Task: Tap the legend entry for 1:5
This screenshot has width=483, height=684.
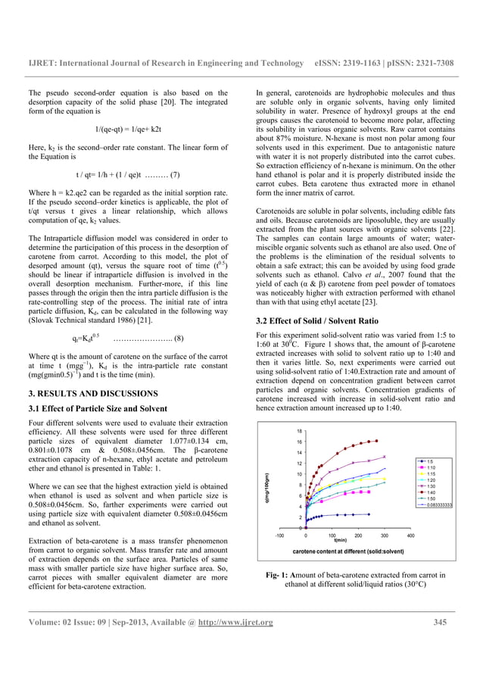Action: point(429,461)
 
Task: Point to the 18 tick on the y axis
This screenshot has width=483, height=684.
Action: point(300,431)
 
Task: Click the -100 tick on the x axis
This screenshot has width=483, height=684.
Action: point(279,535)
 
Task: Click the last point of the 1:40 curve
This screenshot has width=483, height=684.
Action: point(376,441)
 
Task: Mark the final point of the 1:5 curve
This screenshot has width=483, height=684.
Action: point(369,514)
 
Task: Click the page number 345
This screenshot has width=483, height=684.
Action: point(441,623)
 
